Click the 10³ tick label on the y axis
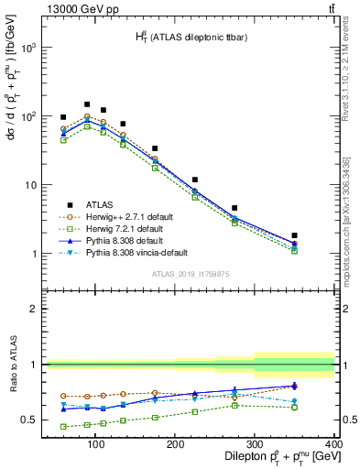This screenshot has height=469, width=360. coord(27,48)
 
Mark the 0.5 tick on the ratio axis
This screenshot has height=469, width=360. coord(26,420)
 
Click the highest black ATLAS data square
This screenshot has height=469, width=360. coord(87,104)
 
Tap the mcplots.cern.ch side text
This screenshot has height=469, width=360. coord(350,220)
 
